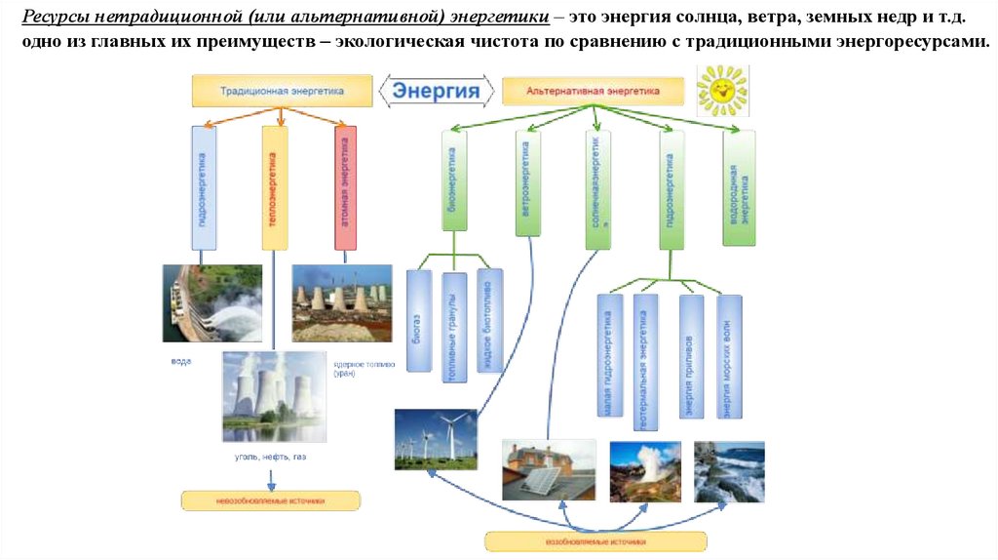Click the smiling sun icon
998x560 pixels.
pyautogui.click(x=722, y=90)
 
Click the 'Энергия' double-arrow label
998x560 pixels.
pyautogui.click(x=437, y=92)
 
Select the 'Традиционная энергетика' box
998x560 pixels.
pyautogui.click(x=282, y=91)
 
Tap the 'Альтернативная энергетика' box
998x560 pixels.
pyautogui.click(x=593, y=91)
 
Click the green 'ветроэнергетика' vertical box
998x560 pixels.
pyautogui.click(x=527, y=182)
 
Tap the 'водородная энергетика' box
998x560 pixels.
pyautogui.click(x=739, y=186)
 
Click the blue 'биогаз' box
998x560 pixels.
pyautogui.click(x=418, y=321)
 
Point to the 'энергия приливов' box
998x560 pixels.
pyautogui.click(x=690, y=358)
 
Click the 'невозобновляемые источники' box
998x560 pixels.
pyautogui.click(x=271, y=500)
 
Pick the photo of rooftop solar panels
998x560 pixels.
pyautogui.click(x=549, y=470)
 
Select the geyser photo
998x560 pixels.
pyautogui.click(x=645, y=471)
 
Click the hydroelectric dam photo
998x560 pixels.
pyautogui.click(x=211, y=302)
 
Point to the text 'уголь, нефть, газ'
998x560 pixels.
pyautogui.click(x=273, y=457)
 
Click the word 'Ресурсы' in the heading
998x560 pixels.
pyautogui.click(x=56, y=20)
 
